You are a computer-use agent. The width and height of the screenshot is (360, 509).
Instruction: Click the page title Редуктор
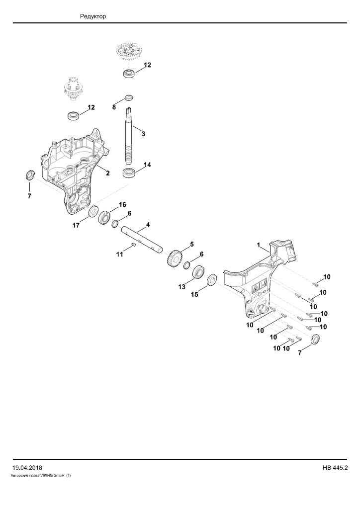[93, 16]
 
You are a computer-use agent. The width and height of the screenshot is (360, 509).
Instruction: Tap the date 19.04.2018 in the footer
[27, 468]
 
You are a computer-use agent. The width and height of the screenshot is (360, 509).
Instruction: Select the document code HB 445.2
[335, 468]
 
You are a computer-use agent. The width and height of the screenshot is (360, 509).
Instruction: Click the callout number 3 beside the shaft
[143, 134]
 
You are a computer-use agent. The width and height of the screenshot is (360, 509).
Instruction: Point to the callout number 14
[147, 165]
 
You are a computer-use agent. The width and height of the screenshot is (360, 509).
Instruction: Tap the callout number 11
[120, 254]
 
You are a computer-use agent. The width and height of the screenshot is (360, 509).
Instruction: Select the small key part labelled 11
[133, 245]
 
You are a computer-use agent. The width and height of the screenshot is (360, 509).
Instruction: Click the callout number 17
[76, 225]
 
